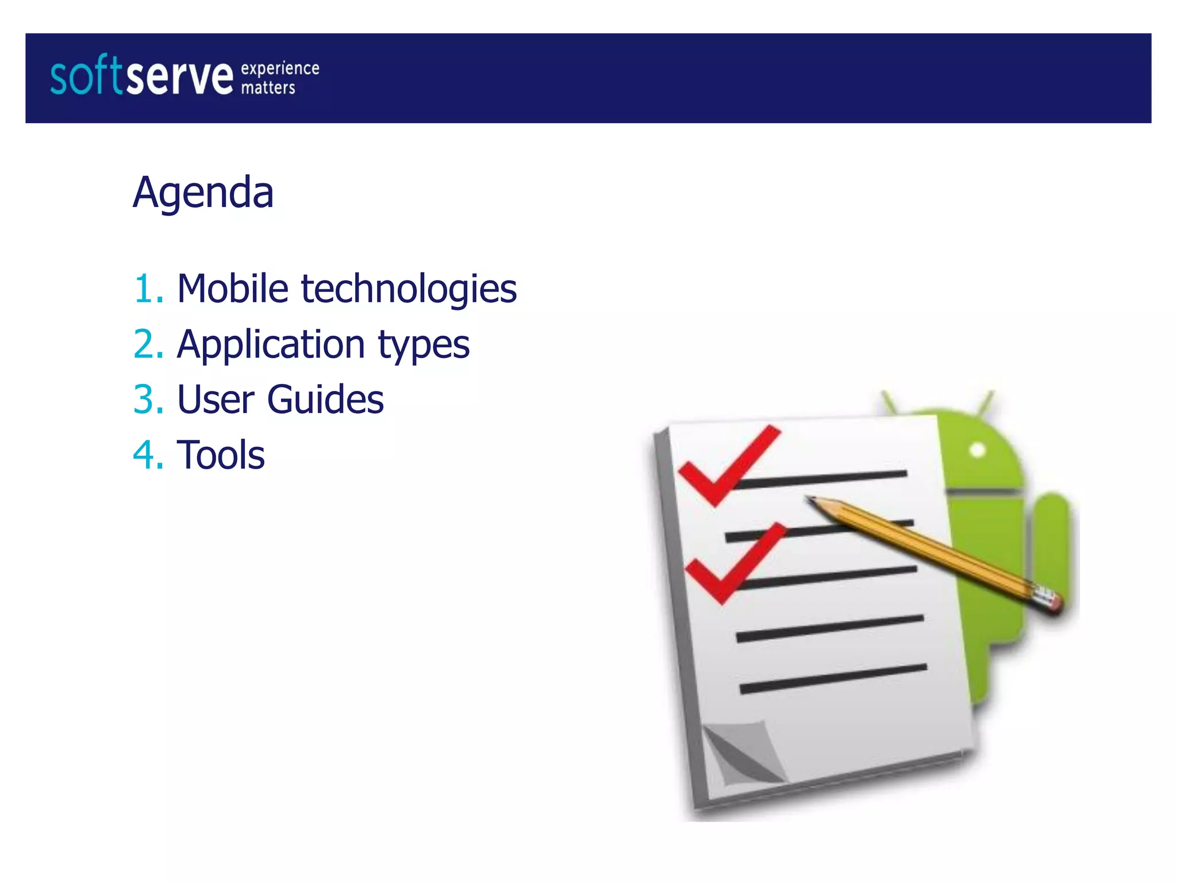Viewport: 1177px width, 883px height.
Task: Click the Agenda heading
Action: pos(203,193)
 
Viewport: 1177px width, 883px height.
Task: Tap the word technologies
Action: pos(409,289)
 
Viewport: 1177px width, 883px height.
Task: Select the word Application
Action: pos(271,345)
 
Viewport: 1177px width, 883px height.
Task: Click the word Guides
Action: pos(325,400)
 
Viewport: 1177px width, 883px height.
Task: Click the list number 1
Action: pos(144,289)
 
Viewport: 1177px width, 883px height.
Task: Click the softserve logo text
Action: pos(141,76)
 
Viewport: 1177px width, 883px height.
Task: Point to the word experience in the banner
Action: pos(280,68)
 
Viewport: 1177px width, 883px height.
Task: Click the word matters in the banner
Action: pos(268,88)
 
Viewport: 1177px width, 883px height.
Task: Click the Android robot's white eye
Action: pos(978,450)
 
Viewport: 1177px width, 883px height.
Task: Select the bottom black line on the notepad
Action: pos(833,678)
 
